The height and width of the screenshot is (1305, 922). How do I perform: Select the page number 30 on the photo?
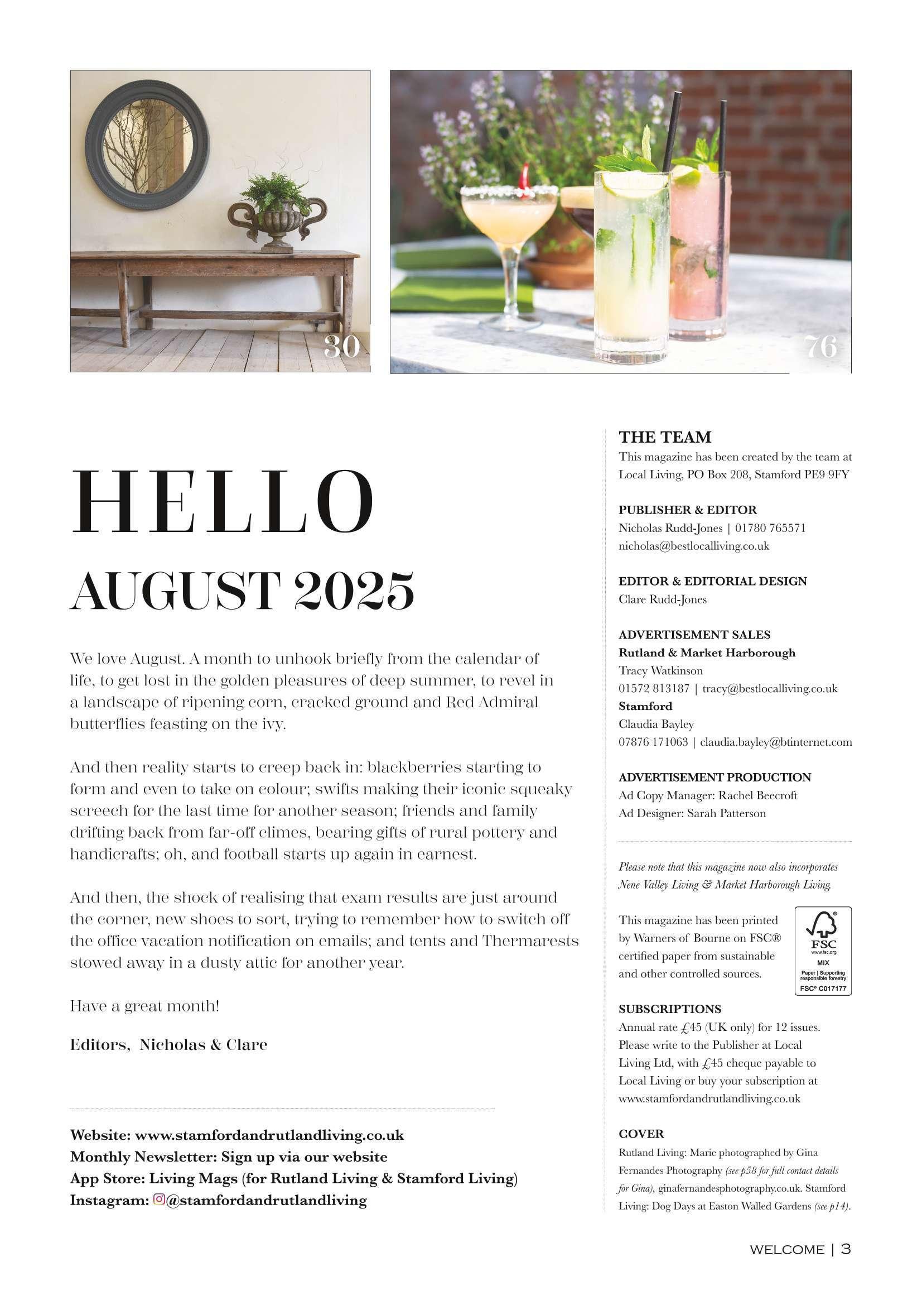pyautogui.click(x=341, y=346)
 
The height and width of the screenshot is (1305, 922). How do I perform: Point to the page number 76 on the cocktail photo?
pyautogui.click(x=821, y=346)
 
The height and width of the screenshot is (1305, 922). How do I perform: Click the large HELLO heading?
pyautogui.click(x=222, y=503)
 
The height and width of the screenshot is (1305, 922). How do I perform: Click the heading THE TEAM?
pyautogui.click(x=665, y=437)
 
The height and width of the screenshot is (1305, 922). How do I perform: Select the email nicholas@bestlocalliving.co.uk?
pyautogui.click(x=694, y=546)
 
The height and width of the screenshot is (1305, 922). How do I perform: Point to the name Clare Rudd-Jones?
pyautogui.click(x=663, y=599)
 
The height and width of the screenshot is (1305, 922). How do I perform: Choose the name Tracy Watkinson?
pyautogui.click(x=660, y=671)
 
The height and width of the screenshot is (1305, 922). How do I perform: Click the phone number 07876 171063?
pyautogui.click(x=653, y=742)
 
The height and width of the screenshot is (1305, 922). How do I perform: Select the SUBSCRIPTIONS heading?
pyautogui.click(x=670, y=1009)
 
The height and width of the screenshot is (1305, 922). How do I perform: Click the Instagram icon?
pyautogui.click(x=159, y=1200)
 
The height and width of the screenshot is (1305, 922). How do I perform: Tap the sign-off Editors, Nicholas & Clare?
pyautogui.click(x=168, y=1045)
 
